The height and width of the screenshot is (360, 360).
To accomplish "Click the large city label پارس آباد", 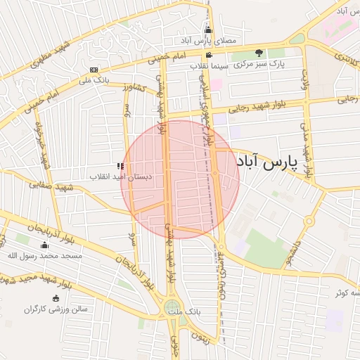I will [267, 163].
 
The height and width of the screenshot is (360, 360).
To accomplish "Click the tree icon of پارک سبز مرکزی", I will [259, 53].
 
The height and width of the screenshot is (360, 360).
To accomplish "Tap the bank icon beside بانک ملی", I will [94, 70].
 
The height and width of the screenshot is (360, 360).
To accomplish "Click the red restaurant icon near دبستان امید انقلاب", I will [120, 166].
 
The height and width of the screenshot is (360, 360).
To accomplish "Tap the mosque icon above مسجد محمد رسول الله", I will [45, 245].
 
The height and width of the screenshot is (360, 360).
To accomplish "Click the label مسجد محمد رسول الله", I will [45, 256].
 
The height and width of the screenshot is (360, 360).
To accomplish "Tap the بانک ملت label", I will [188, 310].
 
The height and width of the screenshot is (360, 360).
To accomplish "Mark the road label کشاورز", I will [132, 87].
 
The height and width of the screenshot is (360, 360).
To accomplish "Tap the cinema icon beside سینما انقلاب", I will [208, 55].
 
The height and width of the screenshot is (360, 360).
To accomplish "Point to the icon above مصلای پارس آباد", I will [208, 30].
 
